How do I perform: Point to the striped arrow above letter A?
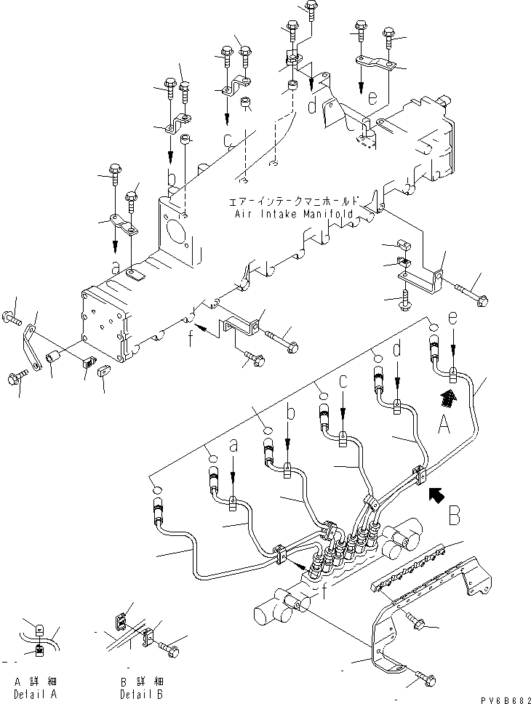pos(450,396)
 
